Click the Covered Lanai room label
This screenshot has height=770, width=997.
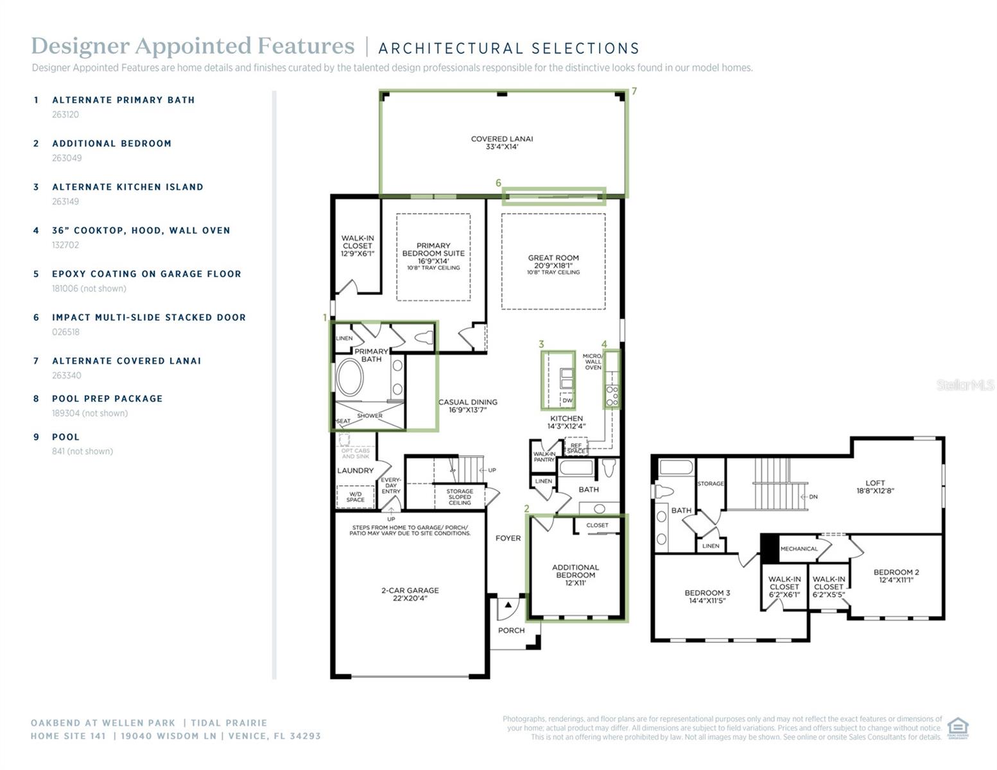point(501,142)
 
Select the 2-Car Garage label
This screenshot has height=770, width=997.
point(410,594)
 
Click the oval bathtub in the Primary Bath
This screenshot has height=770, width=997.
point(350,377)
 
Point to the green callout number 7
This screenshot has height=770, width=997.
point(634,92)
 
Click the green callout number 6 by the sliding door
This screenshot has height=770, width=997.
point(498,183)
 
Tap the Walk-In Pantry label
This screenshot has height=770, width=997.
point(544,456)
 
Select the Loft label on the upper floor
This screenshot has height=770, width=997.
point(874,486)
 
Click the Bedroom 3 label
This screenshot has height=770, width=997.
point(707,597)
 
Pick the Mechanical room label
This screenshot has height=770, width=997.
point(799,549)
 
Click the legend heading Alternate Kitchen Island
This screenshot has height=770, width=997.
point(128,187)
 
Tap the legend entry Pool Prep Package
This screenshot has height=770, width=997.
point(107,398)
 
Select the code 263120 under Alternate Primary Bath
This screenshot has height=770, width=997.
point(65,115)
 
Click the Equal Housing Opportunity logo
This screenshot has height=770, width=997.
point(957,728)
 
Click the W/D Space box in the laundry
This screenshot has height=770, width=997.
point(355,497)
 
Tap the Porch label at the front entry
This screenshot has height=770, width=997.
point(511,630)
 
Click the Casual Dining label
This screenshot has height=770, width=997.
point(467,406)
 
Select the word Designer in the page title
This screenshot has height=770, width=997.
point(78,46)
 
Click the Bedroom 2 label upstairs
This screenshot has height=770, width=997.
point(896,576)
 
